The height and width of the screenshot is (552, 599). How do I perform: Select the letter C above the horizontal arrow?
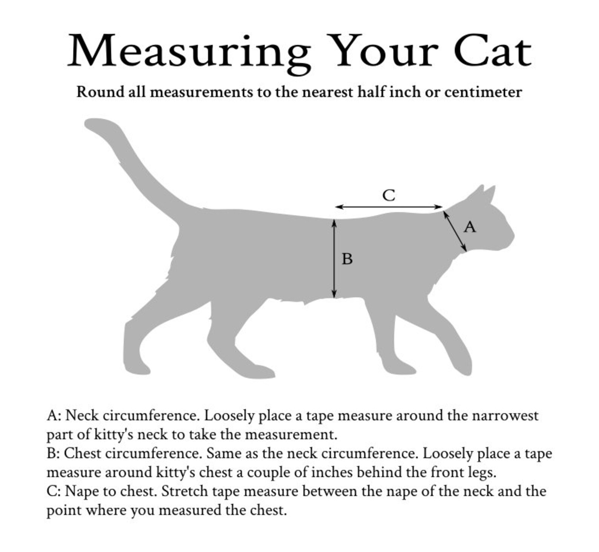389,195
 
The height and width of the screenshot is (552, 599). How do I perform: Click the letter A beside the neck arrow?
470,227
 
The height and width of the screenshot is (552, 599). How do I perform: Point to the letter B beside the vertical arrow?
347,259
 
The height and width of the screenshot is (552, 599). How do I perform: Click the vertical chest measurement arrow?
334,259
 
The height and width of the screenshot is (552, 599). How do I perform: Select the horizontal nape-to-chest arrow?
389,207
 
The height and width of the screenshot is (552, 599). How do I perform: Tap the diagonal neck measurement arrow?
455,231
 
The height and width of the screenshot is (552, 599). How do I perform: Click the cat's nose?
513,236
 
